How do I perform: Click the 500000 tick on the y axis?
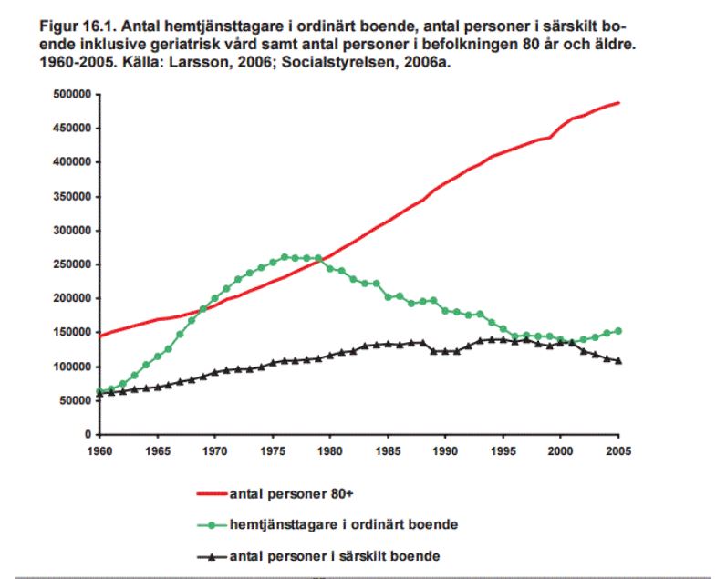(70, 94)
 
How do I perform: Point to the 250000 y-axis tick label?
(70, 264)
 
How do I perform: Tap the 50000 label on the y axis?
(73, 400)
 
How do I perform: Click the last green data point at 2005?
(618, 331)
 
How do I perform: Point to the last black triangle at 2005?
(618, 360)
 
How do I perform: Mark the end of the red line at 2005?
(618, 102)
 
